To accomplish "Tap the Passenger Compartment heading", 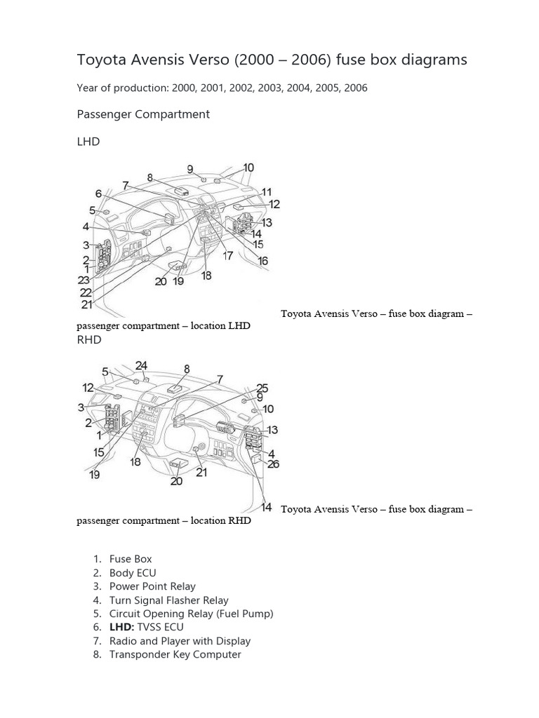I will point(143,114).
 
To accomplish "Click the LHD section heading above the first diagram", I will point(88,142).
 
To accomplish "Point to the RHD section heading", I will point(88,339).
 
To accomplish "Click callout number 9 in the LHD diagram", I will point(190,169).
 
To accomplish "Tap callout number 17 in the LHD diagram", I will point(227,256).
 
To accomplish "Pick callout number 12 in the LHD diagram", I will point(274,204).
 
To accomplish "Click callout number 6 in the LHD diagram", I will point(99,194).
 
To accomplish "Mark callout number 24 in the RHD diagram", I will point(142,365).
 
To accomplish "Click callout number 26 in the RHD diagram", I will point(274,463).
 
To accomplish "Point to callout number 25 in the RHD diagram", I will point(262,387).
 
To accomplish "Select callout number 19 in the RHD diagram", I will point(94,475).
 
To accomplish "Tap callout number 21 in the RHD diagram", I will point(201,473).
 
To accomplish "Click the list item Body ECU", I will point(133,573).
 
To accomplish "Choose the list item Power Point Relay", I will point(152,586).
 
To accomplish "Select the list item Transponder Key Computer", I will point(175,654).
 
